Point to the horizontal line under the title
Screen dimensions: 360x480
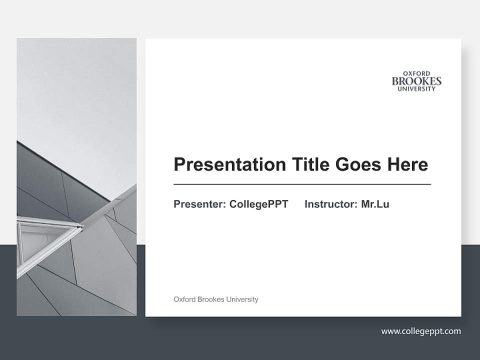pos(302,184)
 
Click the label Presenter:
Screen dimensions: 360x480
pos(199,204)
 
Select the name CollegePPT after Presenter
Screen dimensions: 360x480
pos(258,204)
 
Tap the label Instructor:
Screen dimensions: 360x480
pos(331,204)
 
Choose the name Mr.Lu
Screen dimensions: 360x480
pos(375,204)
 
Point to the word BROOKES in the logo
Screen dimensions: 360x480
pos(416,81)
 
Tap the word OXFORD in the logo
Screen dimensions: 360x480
pos(416,73)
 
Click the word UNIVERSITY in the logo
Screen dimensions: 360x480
pos(416,89)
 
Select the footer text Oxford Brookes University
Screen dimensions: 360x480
pos(215,299)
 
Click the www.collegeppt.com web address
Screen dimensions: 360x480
pos(421,331)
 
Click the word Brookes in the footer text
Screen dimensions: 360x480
pos(211,299)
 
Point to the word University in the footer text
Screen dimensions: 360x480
pos(242,299)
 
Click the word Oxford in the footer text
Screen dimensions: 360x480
pos(184,299)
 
